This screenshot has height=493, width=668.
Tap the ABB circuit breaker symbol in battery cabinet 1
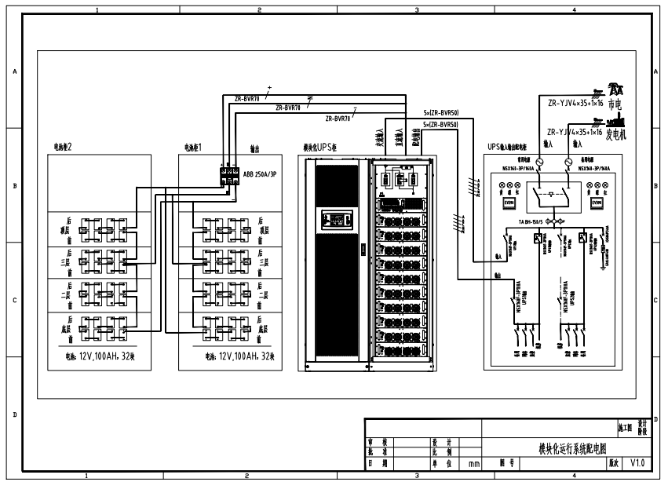[x=229, y=173]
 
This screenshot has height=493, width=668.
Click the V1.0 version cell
[x=637, y=463]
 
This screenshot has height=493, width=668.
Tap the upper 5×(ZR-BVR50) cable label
[x=440, y=113]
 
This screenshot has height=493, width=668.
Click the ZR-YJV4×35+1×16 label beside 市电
[x=575, y=102]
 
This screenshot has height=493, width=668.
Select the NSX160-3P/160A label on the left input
[x=519, y=167]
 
